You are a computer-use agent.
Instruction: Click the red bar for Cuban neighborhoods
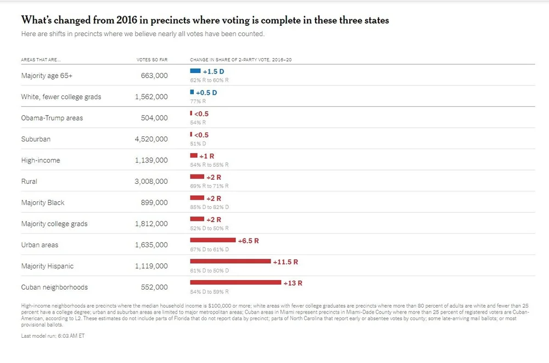[236, 282]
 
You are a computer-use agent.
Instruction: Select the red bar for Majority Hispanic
[231, 261]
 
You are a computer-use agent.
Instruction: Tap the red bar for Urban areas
[212, 240]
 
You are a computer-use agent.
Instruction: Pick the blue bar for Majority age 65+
[195, 71]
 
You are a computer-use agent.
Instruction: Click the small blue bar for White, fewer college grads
[192, 92]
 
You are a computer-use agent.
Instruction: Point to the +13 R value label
[293, 283]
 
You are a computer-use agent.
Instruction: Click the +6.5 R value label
[248, 241]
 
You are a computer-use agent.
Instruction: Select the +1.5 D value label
[214, 71]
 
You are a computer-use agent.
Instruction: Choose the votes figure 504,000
[154, 118]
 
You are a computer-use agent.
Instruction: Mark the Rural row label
[29, 181]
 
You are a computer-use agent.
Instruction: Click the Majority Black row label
[43, 203]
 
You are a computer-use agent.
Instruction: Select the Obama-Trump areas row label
[52, 118]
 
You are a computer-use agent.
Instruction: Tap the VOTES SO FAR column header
[152, 59]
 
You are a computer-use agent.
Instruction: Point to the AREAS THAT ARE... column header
[41, 59]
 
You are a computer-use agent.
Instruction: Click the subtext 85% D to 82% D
[209, 207]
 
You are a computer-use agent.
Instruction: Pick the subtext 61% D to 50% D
[209, 271]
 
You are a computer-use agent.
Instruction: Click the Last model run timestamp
[53, 335]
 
